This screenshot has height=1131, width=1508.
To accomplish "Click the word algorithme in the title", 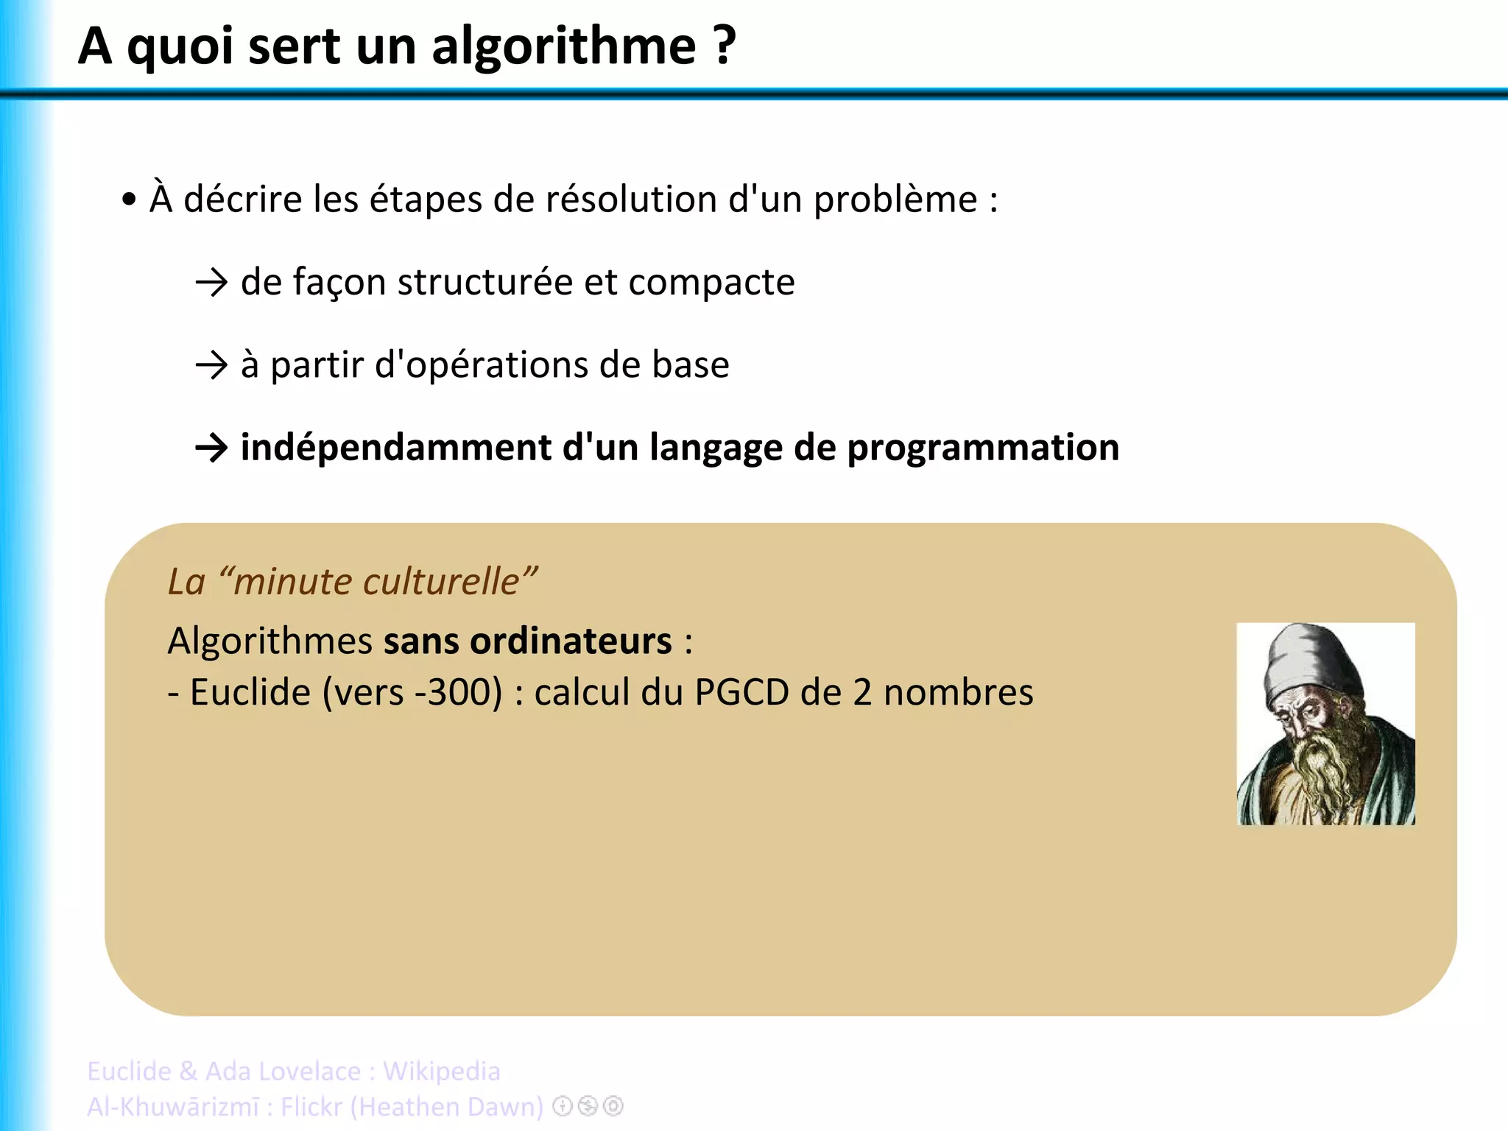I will pos(563,47).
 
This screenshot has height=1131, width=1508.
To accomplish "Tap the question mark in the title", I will pos(724,46).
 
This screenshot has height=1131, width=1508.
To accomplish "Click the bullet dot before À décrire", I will pos(130,199).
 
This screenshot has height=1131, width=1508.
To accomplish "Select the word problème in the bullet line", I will pos(895,200).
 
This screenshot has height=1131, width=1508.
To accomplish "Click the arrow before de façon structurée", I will pos(212,283).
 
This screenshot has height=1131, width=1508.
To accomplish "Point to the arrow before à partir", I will pos(212,365).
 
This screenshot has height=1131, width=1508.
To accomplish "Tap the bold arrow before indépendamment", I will pos(212,448).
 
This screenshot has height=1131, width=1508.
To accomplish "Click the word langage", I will pos(716,448).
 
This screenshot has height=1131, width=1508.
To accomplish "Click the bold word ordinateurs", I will pos(527,641).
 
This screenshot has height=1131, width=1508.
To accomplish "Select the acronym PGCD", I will pos(741,692).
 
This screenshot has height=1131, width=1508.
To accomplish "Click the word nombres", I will pos(958,692).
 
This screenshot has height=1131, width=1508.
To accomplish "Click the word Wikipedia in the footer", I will pos(441,1071).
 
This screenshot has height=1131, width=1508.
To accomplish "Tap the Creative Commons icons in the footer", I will pos(588,1106).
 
